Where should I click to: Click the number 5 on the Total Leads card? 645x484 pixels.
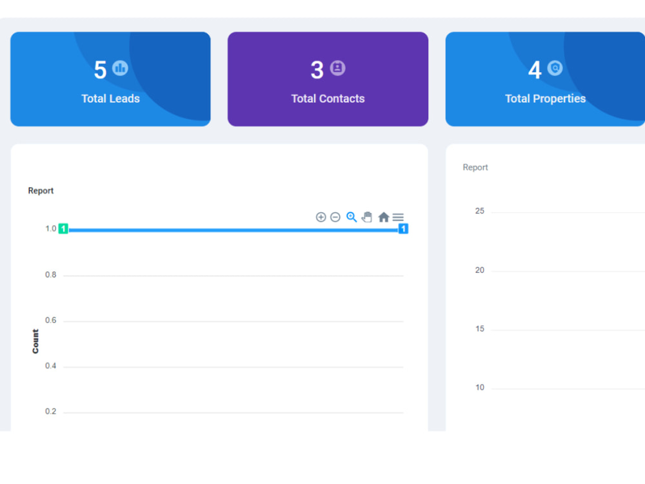click(x=101, y=70)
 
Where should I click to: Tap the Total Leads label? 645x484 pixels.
click(x=111, y=99)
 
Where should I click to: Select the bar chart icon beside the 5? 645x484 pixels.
click(x=120, y=68)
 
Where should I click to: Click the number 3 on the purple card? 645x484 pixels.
click(x=317, y=70)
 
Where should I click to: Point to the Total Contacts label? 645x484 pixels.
click(x=328, y=99)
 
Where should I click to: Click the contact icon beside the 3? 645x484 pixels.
click(x=338, y=68)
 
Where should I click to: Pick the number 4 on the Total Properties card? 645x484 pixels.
click(x=535, y=70)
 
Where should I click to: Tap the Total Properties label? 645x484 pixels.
click(x=546, y=99)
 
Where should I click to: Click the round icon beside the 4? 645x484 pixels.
click(x=555, y=68)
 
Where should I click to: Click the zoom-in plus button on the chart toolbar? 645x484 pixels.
click(x=321, y=217)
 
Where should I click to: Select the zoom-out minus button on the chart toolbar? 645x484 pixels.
click(x=335, y=217)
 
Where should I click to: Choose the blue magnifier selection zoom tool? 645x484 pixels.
click(x=352, y=217)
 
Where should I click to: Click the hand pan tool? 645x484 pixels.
click(x=367, y=217)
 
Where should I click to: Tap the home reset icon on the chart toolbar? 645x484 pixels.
click(x=383, y=217)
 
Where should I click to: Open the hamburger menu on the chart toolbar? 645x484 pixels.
click(x=398, y=217)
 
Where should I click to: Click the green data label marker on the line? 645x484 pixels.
click(x=63, y=228)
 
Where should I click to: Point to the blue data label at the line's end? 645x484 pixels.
click(x=403, y=228)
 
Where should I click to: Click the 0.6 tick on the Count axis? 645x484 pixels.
click(x=50, y=320)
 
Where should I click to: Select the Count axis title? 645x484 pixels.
click(x=35, y=341)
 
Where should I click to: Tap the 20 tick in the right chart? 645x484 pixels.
click(x=480, y=270)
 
